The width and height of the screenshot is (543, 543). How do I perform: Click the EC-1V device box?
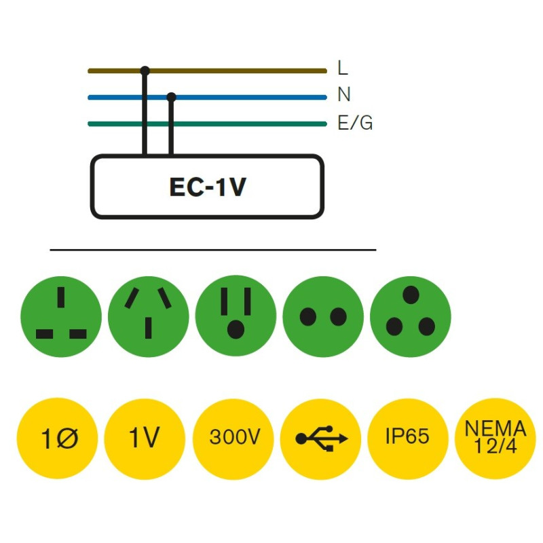coord(207,187)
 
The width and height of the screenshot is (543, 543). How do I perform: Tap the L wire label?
coord(342,69)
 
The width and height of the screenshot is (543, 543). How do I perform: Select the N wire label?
coord(343,96)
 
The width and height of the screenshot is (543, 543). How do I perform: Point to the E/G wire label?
coord(354,124)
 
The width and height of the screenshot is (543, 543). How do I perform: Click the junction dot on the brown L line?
coord(145,70)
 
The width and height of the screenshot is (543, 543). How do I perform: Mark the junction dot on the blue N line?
coord(171,97)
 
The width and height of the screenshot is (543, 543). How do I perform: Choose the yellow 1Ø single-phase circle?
coord(57,438)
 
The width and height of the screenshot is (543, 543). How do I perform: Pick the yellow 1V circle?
coord(145,438)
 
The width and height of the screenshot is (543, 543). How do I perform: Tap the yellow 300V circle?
coord(233,438)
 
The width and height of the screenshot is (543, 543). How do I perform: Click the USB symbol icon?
coord(321,438)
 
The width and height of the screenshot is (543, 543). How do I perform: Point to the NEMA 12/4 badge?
coord(495,438)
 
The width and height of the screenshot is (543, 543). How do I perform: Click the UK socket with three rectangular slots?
coord(61,316)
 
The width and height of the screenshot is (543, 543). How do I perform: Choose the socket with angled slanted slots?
coord(149,316)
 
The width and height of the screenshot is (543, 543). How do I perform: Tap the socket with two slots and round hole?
coord(236,316)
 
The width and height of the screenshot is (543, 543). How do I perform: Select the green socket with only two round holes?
coord(323,316)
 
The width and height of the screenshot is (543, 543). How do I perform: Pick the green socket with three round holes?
coord(410,316)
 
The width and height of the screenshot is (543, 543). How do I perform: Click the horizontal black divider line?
coord(212,250)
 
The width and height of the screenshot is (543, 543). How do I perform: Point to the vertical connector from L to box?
coord(145,115)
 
